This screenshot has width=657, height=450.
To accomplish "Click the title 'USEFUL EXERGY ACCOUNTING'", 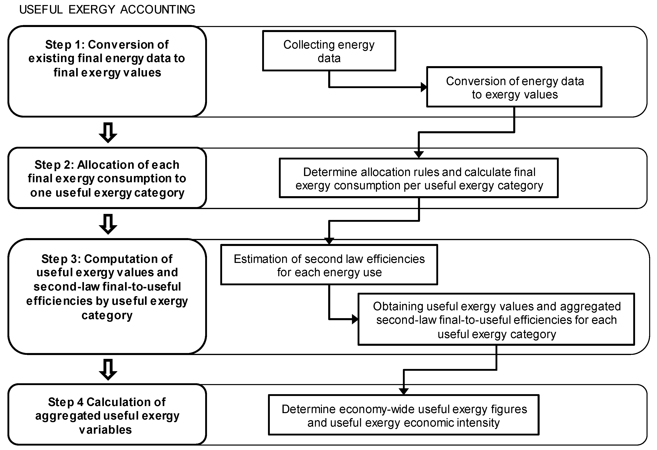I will tap(107, 10).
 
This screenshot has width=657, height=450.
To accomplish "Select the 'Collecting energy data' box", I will tap(329, 51).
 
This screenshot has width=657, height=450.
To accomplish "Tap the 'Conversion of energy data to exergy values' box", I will tap(514, 87).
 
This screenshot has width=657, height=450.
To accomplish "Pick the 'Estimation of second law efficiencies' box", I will tap(329, 265).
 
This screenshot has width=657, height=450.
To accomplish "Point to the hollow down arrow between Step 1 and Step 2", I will tap(108, 132).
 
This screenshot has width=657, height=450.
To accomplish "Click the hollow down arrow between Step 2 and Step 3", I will tap(108, 224).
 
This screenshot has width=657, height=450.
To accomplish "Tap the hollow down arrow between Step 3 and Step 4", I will tap(108, 369).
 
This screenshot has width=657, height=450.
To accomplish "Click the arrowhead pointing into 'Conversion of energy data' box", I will tap(424, 87).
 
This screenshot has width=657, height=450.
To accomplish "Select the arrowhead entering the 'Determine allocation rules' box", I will tap(419, 154).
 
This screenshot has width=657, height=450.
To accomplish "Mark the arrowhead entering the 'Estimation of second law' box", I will tap(329, 241).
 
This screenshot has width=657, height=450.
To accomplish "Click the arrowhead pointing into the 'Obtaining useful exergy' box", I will tap(355, 319).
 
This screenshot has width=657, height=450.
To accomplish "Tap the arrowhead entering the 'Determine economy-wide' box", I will tap(404, 391).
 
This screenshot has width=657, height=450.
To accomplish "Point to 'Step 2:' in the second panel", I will tap(54, 165).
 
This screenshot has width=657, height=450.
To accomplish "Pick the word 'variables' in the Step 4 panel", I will tap(106, 430).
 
